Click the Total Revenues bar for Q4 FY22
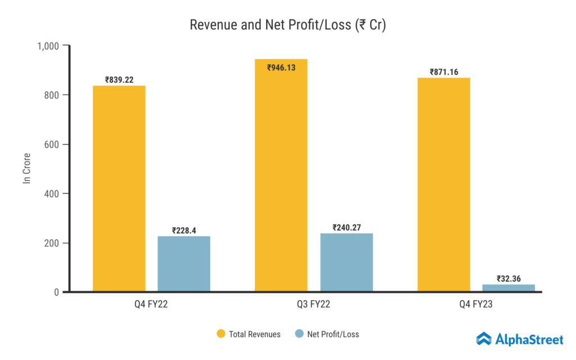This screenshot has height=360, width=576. pyautogui.click(x=119, y=188)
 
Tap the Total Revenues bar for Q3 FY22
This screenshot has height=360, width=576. pyautogui.click(x=281, y=175)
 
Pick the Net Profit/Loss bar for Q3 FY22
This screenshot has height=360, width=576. pyautogui.click(x=346, y=262)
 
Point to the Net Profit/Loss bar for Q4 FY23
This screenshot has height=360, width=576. pyautogui.click(x=508, y=288)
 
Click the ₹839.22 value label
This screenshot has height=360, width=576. pyautogui.click(x=119, y=80)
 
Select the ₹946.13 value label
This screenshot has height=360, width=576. pyautogui.click(x=281, y=67)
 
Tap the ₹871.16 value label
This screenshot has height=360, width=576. pyautogui.click(x=444, y=72)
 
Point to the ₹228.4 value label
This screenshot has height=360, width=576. pyautogui.click(x=184, y=231)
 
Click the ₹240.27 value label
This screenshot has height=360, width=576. pyautogui.click(x=346, y=227)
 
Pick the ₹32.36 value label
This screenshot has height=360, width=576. pyautogui.click(x=508, y=278)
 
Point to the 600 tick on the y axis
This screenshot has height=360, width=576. pyautogui.click(x=53, y=145)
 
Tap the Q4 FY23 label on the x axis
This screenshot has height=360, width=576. pyautogui.click(x=476, y=306)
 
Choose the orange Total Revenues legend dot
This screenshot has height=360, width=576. pyautogui.click(x=221, y=334)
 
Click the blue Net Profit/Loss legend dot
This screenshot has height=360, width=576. pyautogui.click(x=299, y=334)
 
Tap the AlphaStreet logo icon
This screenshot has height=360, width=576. pyautogui.click(x=484, y=339)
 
